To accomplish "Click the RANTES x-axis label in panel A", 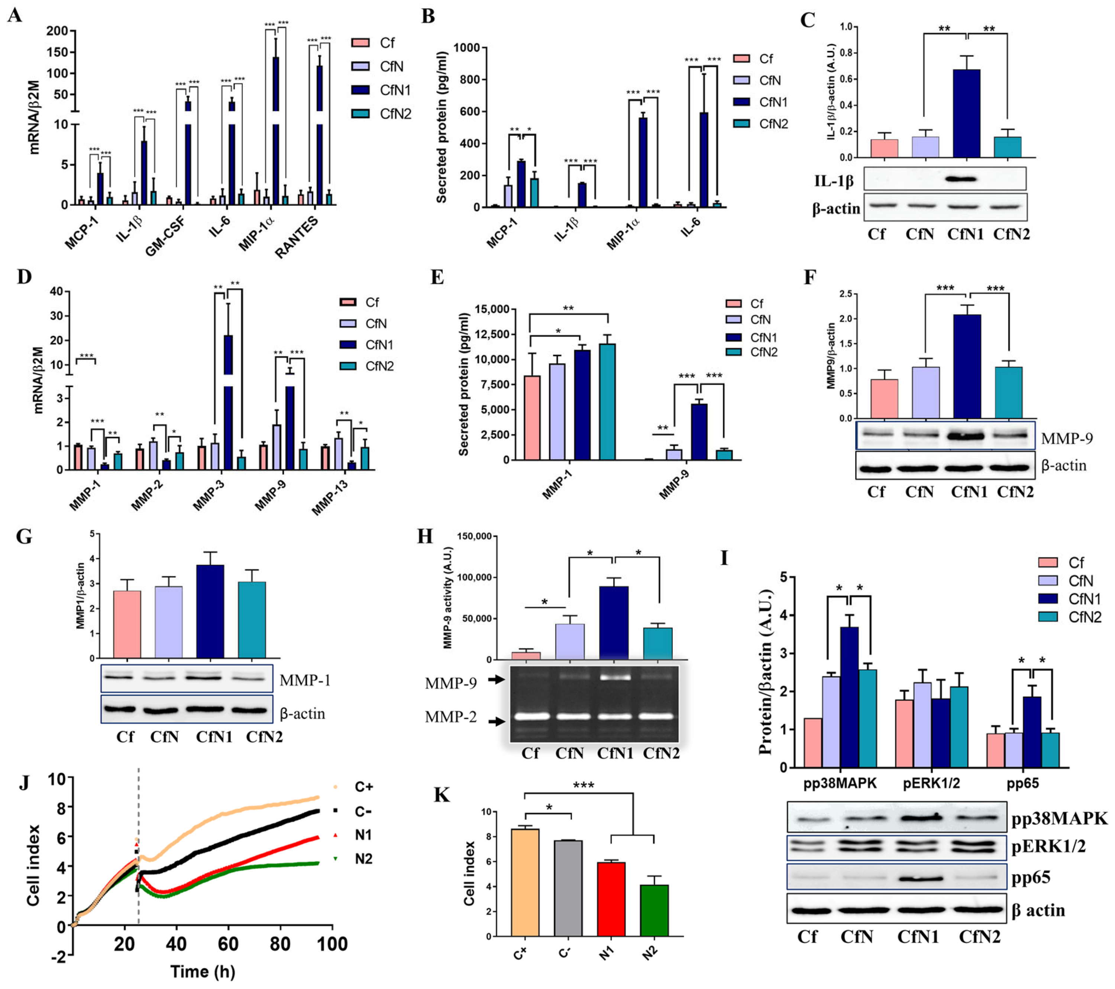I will (296, 237).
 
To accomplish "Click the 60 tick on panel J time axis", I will (229, 944).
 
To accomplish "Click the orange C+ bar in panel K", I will (525, 883).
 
